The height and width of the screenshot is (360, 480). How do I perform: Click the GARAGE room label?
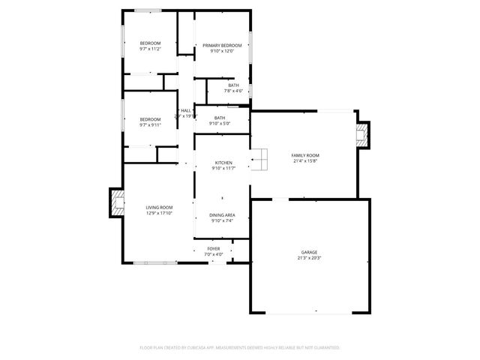310,252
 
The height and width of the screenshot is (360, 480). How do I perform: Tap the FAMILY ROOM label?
305,155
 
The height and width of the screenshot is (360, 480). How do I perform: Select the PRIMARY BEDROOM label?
223,46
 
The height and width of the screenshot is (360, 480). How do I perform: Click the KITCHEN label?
223,163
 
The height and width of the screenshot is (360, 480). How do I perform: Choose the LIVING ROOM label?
159,207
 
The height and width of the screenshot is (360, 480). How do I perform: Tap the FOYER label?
214,248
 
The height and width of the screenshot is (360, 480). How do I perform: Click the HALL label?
185,111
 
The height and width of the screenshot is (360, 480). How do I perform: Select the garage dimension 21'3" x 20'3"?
310,258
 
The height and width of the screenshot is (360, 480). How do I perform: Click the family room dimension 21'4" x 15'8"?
305,161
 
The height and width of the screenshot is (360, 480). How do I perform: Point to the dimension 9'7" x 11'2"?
150,49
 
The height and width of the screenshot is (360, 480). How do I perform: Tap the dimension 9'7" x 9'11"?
150,124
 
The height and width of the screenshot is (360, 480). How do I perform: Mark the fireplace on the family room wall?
363,136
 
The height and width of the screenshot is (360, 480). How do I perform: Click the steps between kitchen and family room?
259,158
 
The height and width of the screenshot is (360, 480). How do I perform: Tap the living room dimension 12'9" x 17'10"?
159,213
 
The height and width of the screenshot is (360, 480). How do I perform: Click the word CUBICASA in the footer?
196,348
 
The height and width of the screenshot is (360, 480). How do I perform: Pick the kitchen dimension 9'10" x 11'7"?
223,169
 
